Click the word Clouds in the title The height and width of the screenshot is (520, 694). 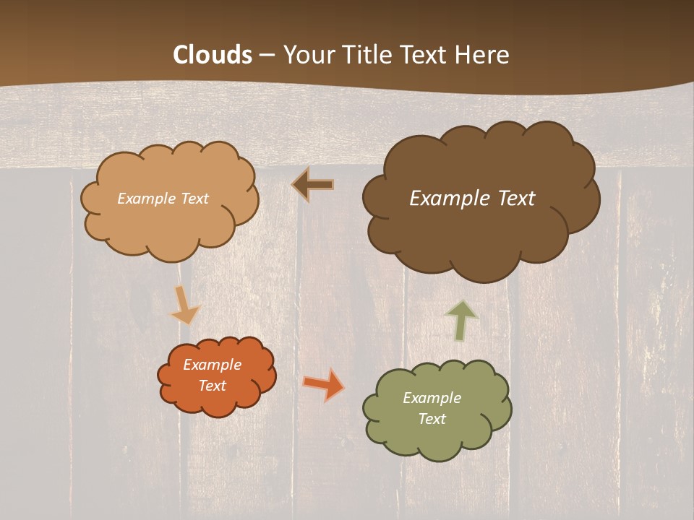pos(213,55)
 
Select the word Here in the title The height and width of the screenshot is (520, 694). pos(482,55)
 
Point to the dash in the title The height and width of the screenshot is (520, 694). pos(267,56)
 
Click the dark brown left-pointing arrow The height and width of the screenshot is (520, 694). pos(312,185)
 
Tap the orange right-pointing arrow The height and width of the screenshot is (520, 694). pos(323,383)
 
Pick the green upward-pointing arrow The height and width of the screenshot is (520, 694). pos(461,319)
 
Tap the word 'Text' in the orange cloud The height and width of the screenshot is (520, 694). pos(213,386)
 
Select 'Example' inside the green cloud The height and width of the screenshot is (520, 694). pos(432,398)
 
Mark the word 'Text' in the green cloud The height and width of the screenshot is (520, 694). pos(432,419)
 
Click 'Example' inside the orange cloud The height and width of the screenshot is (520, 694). pos(213,365)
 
